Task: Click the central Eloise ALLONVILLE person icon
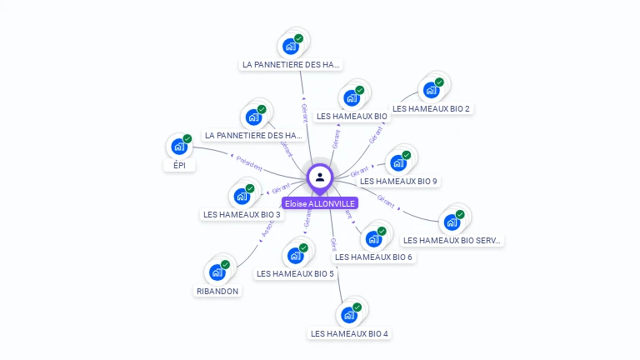coord(320,177)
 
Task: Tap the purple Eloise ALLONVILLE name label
coord(320,203)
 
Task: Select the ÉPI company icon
coord(178,147)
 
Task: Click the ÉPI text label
coord(179,166)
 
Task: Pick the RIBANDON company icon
coord(217,272)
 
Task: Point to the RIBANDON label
coord(217,292)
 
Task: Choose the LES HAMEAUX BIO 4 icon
coord(348,316)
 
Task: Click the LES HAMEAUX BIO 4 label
coord(349,334)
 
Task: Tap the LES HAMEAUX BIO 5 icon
coord(295,256)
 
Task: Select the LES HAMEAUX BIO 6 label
coord(374,257)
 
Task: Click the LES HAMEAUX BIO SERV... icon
coord(452,222)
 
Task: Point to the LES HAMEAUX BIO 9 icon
coord(398,162)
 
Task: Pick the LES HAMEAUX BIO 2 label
coord(432,109)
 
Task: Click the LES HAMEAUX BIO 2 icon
coord(432,90)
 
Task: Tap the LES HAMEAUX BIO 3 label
coord(242,215)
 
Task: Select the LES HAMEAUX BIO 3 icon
coord(242,197)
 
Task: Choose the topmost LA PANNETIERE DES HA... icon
coord(291,46)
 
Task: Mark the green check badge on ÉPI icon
coord(187,139)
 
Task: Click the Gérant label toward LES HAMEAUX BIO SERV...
coord(386,199)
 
